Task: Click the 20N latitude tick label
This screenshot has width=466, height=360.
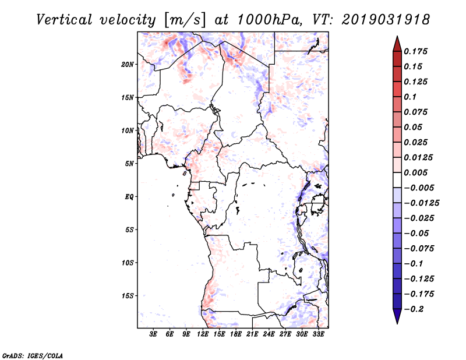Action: (128, 64)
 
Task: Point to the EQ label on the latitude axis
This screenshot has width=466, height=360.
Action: (129, 196)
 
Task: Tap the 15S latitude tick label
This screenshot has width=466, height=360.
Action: (128, 295)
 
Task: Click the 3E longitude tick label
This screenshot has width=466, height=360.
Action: (154, 334)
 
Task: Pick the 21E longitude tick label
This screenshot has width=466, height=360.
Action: (252, 334)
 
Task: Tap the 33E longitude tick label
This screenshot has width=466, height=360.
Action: (318, 334)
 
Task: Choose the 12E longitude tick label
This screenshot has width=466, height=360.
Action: (203, 334)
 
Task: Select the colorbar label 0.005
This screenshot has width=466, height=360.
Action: (416, 172)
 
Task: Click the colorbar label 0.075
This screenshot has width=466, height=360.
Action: (416, 112)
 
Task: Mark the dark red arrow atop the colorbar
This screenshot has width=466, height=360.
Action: (397, 44)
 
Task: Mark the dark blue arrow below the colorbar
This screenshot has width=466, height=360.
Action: (397, 316)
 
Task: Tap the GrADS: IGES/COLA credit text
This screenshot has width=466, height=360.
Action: (33, 355)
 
